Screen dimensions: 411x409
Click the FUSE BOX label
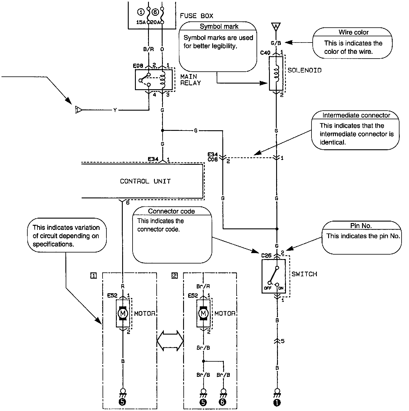coord(196,16)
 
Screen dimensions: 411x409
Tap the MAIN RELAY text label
coord(191,80)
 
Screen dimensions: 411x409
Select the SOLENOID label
coord(305,70)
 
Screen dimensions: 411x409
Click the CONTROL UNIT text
coord(145,181)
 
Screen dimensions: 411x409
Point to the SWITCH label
coord(304,274)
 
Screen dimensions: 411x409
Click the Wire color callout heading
coord(353,32)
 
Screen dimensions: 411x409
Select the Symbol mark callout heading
coord(219,26)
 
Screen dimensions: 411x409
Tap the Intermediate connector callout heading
coord(356,115)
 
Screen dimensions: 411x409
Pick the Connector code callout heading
coord(172,211)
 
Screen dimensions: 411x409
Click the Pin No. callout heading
coord(361,226)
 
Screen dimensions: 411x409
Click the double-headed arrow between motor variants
coord(170,340)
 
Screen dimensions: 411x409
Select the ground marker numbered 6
coord(223,402)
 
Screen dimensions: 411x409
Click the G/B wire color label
coord(276,43)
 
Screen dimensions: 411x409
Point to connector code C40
coord(265,53)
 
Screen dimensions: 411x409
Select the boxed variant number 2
coord(174,276)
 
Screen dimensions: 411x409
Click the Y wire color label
coord(115,110)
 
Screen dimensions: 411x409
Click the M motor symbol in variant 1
coord(122,313)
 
